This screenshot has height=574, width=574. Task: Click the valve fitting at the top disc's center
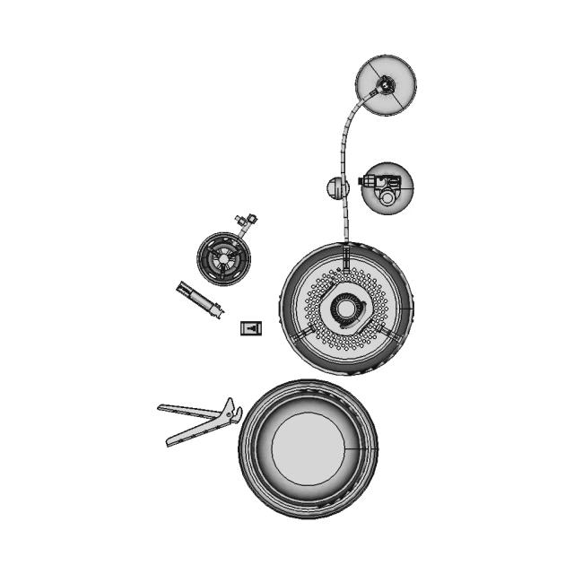pyautogui.click(x=385, y=85)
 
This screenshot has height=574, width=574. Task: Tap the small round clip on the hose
pyautogui.click(x=335, y=188)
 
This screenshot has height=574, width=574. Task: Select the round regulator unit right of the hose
pyautogui.click(x=388, y=187)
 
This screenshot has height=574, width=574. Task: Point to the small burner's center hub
pyautogui.click(x=222, y=258)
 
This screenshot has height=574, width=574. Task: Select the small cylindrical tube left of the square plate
pyautogui.click(x=200, y=299)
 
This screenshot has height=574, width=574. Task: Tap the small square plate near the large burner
pyautogui.click(x=252, y=328)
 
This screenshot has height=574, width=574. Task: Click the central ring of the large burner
pyautogui.click(x=346, y=308)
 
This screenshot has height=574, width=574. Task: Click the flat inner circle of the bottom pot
pyautogui.click(x=308, y=448)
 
